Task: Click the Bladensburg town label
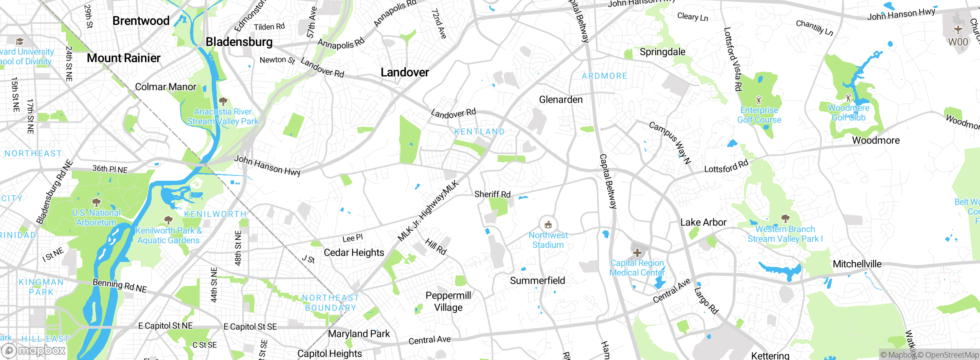point(239,42)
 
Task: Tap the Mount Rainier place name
point(124,58)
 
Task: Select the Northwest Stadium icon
point(548,224)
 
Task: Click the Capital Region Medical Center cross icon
point(637,253)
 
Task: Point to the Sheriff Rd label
point(492,195)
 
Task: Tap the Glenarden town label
point(561,100)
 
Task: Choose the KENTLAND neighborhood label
point(479,132)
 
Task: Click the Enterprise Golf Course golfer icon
point(759,100)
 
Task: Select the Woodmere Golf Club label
point(849,113)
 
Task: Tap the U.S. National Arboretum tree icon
point(96,202)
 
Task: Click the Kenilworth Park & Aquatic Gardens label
point(168,236)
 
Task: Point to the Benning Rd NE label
point(120,286)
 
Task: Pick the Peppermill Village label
point(448,301)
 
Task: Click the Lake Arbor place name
point(703,223)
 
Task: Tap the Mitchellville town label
point(857,264)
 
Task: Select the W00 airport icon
point(958,29)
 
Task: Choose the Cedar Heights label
point(354,253)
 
